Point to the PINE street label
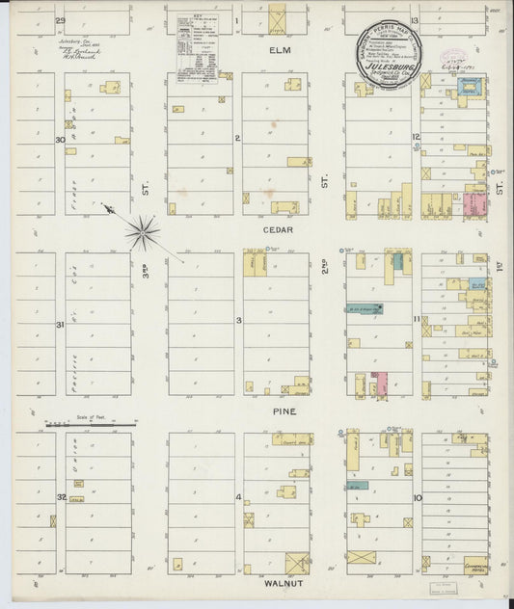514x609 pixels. tap(284, 411)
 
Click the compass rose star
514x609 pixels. tap(142, 231)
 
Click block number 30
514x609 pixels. tap(60, 140)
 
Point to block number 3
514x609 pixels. tap(238, 319)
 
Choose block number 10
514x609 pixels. tap(417, 498)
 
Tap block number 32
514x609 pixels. tap(60, 497)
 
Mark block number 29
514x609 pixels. tap(60, 20)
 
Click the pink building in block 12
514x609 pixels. tap(474, 204)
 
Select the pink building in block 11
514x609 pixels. tap(381, 383)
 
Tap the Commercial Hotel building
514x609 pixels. tap(475, 566)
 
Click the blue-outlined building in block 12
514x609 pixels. tap(470, 89)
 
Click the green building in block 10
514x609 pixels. tap(357, 486)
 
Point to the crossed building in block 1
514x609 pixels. tap(278, 20)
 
